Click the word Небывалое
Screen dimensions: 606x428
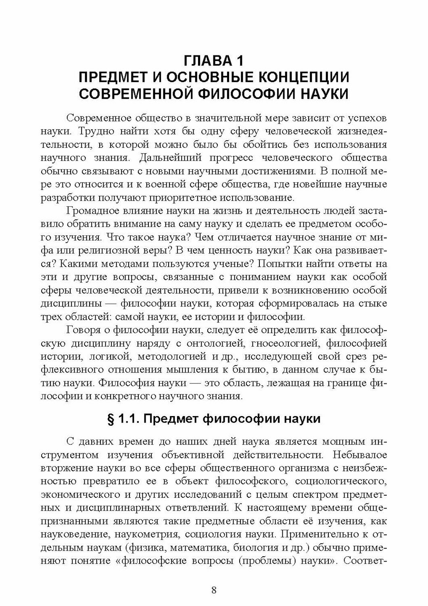pyautogui.click(x=356, y=455)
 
